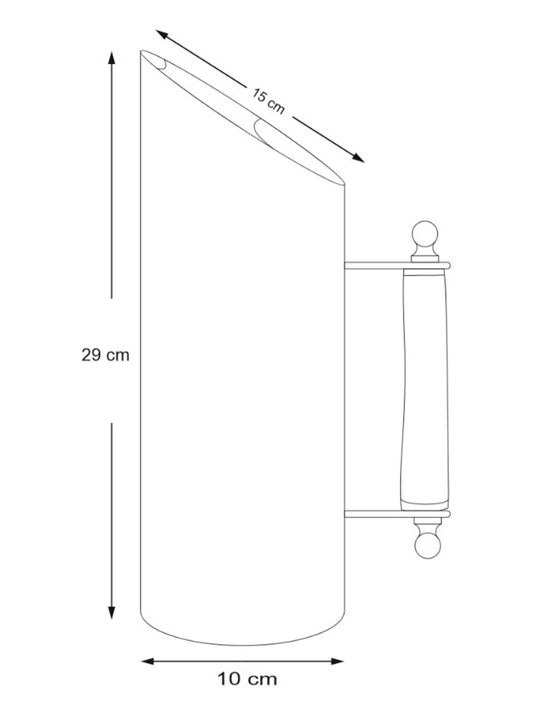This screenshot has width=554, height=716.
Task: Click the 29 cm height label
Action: pos(105,355)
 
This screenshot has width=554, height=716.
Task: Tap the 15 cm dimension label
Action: pos(268,101)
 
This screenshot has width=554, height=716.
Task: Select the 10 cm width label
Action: pos(247,679)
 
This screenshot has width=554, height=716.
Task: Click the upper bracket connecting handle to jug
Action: pos(397,265)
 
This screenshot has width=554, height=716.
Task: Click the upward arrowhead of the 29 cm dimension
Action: pos(111,58)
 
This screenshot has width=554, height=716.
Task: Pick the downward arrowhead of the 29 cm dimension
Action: pos(111,612)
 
